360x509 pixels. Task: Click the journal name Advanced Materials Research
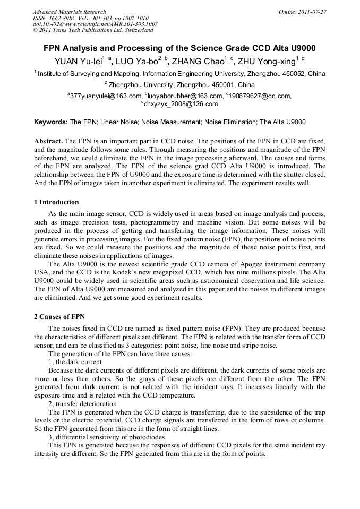point(69,12)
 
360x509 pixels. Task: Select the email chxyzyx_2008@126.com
point(181,104)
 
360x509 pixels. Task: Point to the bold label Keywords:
point(51,122)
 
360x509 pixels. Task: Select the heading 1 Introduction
point(56,202)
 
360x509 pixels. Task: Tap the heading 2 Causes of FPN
point(59,317)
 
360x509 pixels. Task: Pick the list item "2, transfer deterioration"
point(82,404)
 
